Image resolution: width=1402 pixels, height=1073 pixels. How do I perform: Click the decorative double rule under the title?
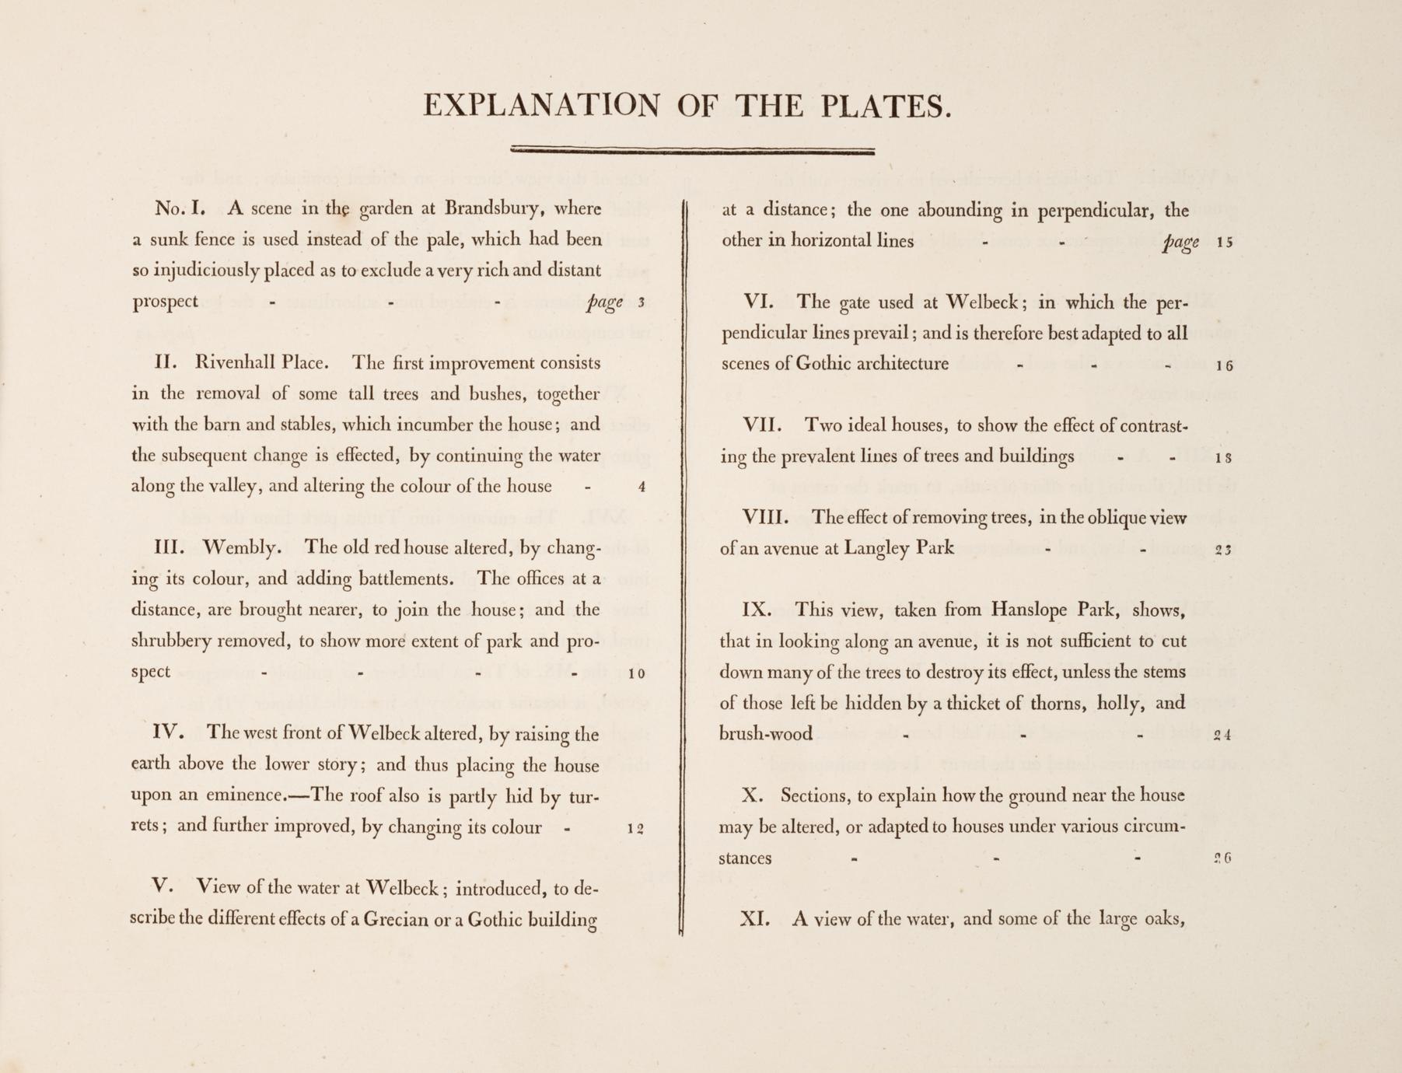693,151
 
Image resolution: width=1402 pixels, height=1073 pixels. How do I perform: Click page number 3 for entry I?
641,302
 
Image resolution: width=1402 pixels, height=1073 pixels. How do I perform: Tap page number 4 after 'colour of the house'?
641,488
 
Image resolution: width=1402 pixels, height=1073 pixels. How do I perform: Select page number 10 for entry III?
636,673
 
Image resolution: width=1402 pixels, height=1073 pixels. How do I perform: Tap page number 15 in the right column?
1225,242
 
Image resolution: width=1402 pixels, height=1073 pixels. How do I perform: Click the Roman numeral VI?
757,302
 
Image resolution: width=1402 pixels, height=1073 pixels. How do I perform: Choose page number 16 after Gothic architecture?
1225,365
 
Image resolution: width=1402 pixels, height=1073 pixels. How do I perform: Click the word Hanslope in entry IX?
1029,610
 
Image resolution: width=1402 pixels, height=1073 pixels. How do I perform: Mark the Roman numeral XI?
754,919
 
